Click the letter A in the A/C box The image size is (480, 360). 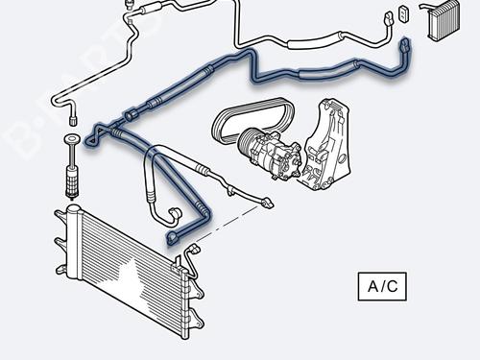point(372,285)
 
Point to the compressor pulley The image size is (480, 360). point(252,145)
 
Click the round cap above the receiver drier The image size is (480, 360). point(70,143)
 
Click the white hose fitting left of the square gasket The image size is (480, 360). point(386,18)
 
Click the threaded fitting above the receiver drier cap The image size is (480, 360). point(70,120)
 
